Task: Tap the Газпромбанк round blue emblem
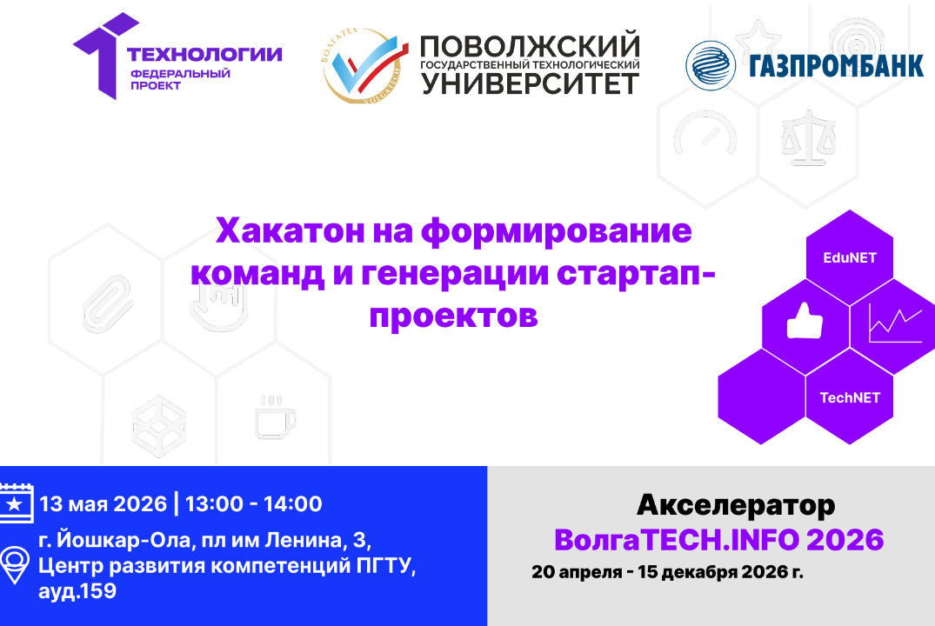pos(710,65)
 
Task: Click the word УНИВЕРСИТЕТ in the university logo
pos(530,83)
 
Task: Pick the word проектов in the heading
pos(453,314)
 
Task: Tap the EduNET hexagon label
pos(850,258)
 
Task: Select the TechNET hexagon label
pos(850,397)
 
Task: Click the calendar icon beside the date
pos(16,503)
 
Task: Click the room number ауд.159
pos(78,591)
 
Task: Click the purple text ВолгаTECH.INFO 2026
pos(718,540)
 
